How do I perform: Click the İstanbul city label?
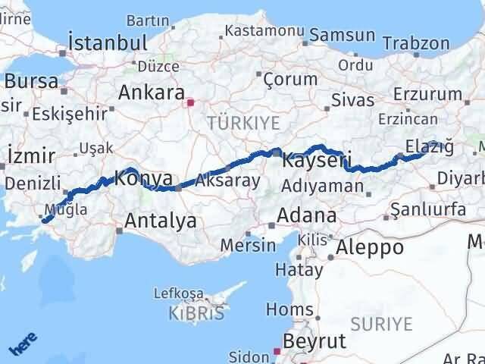pyautogui.click(x=107, y=41)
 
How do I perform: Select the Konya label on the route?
pyautogui.click(x=144, y=179)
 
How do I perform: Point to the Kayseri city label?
pyautogui.click(x=316, y=161)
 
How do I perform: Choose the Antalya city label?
pyautogui.click(x=160, y=221)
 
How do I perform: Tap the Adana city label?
pyautogui.click(x=306, y=215)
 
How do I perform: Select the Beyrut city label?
pyautogui.click(x=314, y=340)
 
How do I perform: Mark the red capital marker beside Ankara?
pyautogui.click(x=191, y=102)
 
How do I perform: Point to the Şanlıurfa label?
pyautogui.click(x=427, y=208)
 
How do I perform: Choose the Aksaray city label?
pyautogui.click(x=227, y=181)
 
